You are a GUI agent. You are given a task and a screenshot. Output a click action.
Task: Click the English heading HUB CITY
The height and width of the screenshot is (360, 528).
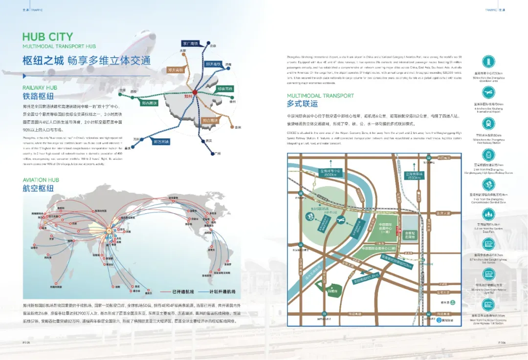pyautogui.click(x=47, y=37)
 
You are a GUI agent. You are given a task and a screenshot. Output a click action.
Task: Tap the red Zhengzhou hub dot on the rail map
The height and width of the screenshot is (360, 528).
pyautogui.click(x=194, y=92)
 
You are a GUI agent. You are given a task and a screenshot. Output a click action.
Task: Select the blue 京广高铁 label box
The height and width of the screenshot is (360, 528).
pyautogui.click(x=190, y=43)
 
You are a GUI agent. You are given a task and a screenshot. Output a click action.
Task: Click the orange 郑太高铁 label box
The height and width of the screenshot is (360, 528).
pyautogui.click(x=175, y=70)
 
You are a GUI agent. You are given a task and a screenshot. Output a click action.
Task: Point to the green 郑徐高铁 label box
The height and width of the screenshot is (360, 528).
pyautogui.click(x=226, y=88)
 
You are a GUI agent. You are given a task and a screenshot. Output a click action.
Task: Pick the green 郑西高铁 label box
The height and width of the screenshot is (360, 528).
pyautogui.click(x=150, y=103)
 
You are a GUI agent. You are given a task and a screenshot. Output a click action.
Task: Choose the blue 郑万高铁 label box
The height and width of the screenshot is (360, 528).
pyautogui.click(x=161, y=142)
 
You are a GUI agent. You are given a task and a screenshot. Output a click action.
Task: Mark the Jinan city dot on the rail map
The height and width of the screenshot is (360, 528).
pyautogui.click(x=223, y=64)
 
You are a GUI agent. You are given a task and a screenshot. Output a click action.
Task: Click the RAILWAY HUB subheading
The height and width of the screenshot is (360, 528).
pyautogui.click(x=40, y=87)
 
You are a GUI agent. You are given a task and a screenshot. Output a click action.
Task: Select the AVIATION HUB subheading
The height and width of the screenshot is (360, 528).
pyautogui.click(x=41, y=180)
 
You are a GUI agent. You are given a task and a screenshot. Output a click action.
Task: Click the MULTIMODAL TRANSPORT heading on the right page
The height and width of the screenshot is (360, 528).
pyautogui.click(x=320, y=95)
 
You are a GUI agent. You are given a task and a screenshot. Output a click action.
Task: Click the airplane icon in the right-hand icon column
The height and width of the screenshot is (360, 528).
pyautogui.click(x=488, y=92)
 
